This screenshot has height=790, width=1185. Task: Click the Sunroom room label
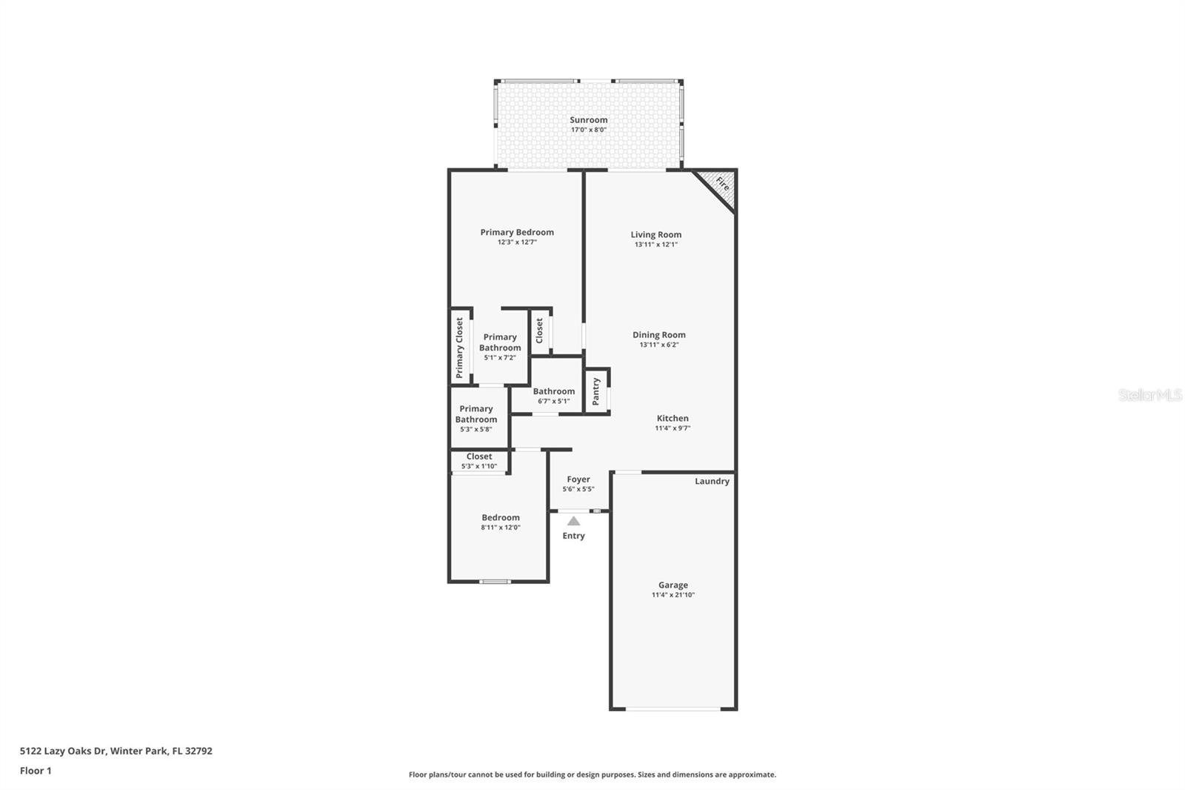click(x=588, y=119)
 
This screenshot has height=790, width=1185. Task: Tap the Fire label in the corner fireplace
click(x=723, y=184)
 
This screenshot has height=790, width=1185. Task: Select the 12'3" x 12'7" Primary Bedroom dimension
click(x=517, y=242)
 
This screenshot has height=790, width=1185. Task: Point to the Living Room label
click(x=656, y=235)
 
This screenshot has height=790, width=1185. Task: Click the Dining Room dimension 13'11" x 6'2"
click(x=659, y=345)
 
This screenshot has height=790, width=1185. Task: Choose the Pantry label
click(x=596, y=391)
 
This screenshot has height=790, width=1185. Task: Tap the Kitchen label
click(x=673, y=418)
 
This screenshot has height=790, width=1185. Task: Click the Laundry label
click(x=712, y=481)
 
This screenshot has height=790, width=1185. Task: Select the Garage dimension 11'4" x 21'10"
click(x=673, y=594)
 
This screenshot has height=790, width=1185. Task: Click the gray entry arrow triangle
click(x=573, y=522)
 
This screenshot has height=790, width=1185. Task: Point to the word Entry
click(x=573, y=536)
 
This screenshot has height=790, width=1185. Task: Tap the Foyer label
click(x=578, y=479)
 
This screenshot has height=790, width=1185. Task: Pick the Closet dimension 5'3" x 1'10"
click(x=478, y=466)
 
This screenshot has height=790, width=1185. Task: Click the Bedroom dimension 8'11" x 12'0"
click(x=501, y=528)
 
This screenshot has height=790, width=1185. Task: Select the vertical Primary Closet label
click(x=459, y=348)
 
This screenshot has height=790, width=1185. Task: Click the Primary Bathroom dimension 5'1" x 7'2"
click(x=500, y=358)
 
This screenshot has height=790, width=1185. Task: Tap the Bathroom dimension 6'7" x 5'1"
click(x=554, y=402)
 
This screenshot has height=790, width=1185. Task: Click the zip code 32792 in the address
click(x=198, y=751)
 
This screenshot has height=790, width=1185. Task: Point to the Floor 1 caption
click(x=36, y=771)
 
